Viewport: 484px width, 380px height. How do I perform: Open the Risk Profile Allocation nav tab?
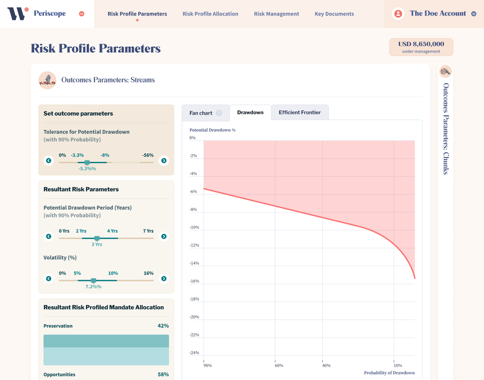click(210, 14)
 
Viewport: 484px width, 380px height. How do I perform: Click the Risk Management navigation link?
click(277, 14)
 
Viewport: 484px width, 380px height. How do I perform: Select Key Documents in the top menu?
click(334, 14)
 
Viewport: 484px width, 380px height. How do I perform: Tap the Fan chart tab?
click(201, 113)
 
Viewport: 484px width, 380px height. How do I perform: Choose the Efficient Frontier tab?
click(300, 112)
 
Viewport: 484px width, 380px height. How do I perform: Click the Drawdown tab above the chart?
click(250, 113)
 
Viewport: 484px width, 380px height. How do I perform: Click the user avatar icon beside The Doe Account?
click(398, 14)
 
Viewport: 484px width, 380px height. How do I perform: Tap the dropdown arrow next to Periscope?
click(82, 14)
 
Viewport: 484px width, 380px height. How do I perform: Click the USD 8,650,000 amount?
click(421, 44)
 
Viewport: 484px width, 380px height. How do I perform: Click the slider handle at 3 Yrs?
click(97, 238)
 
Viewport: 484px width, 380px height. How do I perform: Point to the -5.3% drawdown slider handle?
click(87, 162)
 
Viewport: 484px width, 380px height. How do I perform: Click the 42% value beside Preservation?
click(163, 326)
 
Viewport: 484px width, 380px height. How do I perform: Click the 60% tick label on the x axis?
click(279, 366)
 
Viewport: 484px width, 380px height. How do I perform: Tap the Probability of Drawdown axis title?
click(389, 373)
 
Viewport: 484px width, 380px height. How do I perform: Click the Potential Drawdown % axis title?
click(212, 130)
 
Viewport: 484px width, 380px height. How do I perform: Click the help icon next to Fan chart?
click(219, 113)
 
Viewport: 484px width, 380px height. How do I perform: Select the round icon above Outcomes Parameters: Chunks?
click(445, 72)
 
